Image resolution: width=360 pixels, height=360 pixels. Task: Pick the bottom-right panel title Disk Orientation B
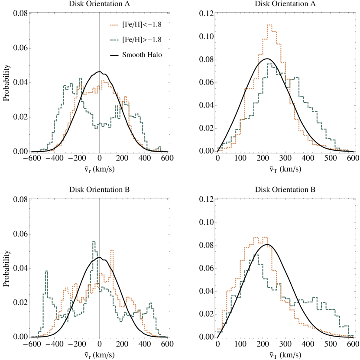point(286,190)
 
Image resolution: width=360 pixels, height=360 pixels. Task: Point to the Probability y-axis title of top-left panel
point(6,83)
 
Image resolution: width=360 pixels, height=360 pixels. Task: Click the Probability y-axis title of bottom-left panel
point(6,269)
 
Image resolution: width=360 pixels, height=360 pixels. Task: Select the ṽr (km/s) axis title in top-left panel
point(100,168)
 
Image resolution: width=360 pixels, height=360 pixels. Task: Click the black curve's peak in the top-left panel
point(100,71)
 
